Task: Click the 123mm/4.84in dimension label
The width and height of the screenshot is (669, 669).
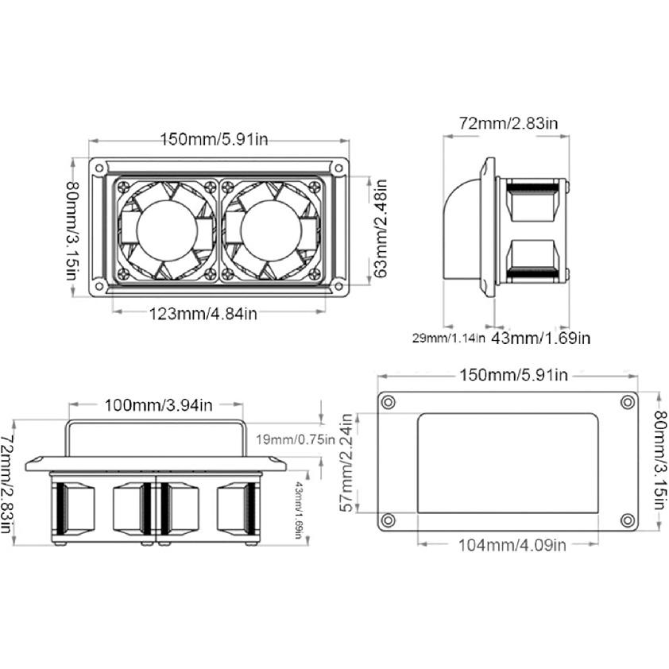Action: pyautogui.click(x=203, y=314)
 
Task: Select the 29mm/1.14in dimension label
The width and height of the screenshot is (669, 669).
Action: pyautogui.click(x=448, y=338)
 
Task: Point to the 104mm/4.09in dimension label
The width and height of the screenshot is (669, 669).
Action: pyautogui.click(x=512, y=545)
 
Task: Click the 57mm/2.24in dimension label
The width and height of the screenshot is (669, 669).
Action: pyautogui.click(x=349, y=462)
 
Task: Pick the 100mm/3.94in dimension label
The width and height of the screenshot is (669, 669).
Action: pyautogui.click(x=158, y=405)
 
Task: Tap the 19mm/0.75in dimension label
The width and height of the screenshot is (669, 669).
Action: pyautogui.click(x=296, y=439)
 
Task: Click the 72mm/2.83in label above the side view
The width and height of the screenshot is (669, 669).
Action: pyautogui.click(x=509, y=123)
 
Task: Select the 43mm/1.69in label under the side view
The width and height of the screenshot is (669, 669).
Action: pyautogui.click(x=540, y=338)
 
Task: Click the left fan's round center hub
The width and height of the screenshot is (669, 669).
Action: pyautogui.click(x=167, y=230)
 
